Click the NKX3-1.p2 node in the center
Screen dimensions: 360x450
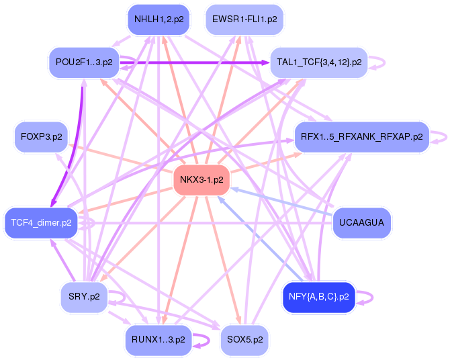(201, 179)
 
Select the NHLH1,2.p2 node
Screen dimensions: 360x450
(159, 19)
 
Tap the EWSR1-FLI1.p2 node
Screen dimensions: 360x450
(244, 19)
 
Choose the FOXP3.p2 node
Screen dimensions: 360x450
(42, 137)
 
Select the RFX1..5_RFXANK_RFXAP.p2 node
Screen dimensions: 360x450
(361, 137)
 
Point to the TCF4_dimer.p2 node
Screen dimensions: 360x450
(42, 222)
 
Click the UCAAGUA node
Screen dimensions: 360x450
(361, 222)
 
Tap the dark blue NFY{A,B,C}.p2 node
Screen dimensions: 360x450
(319, 296)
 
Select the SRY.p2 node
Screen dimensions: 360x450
(84, 296)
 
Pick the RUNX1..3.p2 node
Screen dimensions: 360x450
(159, 340)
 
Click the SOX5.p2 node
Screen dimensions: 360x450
(244, 340)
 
